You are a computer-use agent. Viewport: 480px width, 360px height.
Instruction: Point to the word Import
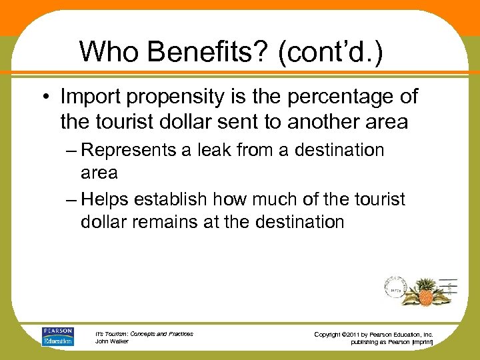click(x=91, y=97)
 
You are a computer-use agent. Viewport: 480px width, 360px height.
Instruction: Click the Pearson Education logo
click(x=58, y=336)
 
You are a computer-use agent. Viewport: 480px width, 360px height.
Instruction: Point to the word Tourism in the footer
click(x=119, y=333)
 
